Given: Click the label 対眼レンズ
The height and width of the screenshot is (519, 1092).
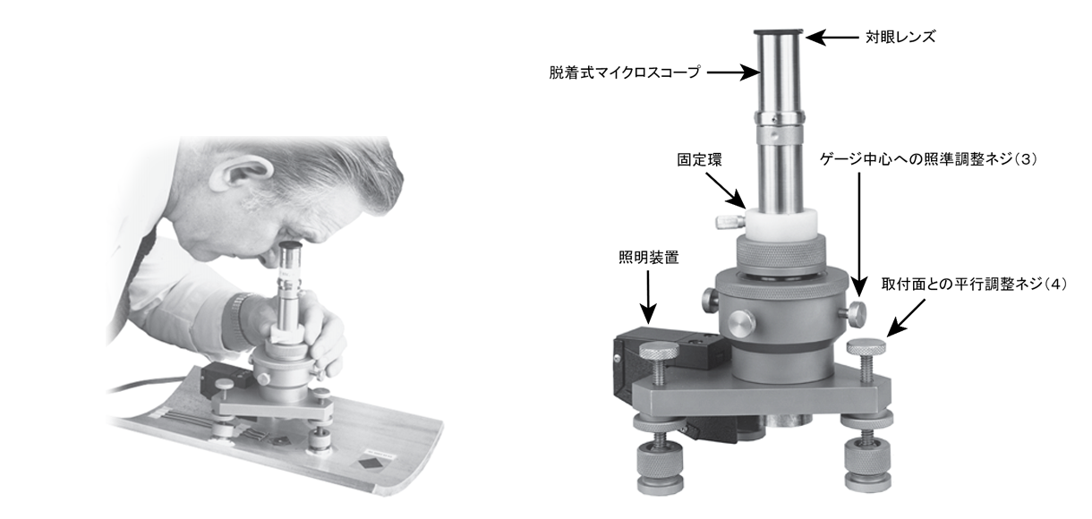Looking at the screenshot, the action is (x=900, y=37).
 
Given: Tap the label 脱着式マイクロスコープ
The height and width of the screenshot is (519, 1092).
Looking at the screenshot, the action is (x=625, y=72).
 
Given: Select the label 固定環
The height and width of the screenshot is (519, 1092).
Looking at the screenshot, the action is (x=700, y=160).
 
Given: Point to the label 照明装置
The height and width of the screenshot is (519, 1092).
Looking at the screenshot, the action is (x=649, y=258).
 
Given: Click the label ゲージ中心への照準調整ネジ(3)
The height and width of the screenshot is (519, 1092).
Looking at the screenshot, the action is (x=928, y=159).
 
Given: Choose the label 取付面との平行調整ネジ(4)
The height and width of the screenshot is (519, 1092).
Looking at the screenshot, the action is (x=974, y=285).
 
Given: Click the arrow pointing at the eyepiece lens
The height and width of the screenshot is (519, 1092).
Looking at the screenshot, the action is (x=832, y=37).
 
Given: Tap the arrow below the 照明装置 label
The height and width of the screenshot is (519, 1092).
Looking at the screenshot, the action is (x=648, y=297).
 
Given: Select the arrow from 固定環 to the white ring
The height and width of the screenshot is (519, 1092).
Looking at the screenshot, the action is (x=726, y=191).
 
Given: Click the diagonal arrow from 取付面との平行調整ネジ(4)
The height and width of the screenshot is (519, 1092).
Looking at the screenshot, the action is (x=905, y=318).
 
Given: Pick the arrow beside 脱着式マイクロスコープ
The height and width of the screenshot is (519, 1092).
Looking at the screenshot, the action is (x=734, y=72).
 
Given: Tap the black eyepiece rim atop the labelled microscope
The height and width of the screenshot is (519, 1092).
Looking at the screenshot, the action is (x=778, y=31).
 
